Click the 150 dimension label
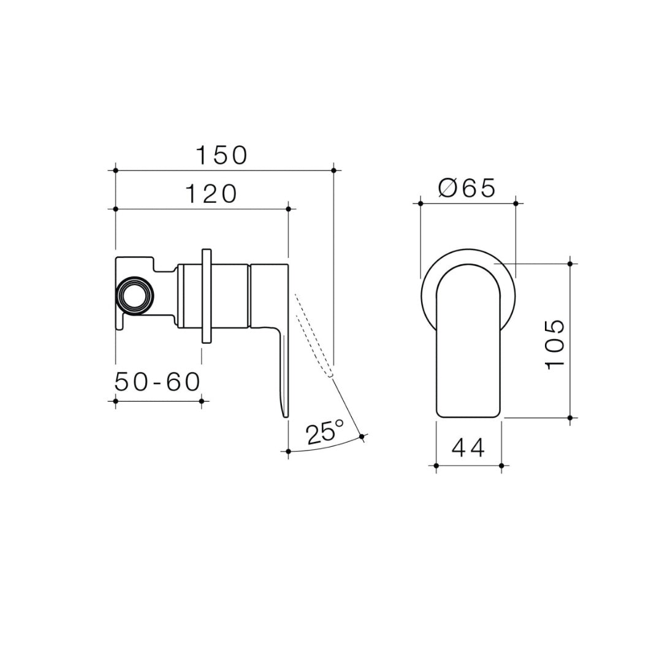point(221,156)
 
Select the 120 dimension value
point(211,194)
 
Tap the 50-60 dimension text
point(158,382)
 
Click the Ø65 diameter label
point(467,188)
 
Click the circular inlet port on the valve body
point(134,295)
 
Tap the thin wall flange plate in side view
point(206,295)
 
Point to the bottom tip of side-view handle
point(284,415)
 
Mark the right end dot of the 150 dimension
point(333,170)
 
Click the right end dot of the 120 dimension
point(288,209)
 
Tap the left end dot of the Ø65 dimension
point(420,203)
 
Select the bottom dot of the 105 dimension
point(570,418)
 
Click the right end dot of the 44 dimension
point(501,466)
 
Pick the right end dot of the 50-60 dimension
point(202,401)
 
